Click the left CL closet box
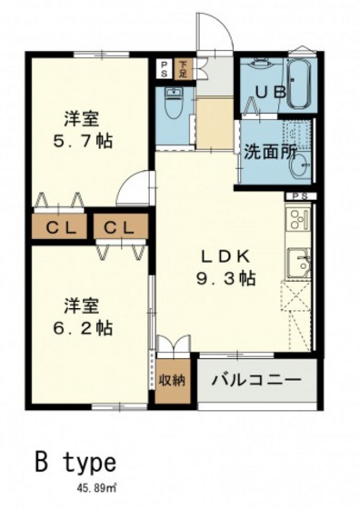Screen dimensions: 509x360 click(55, 226)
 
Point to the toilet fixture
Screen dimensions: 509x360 click(173, 105)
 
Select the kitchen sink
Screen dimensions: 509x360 click(299, 264)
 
